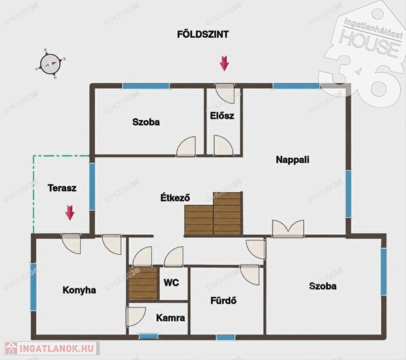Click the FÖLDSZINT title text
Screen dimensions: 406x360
pos(203,34)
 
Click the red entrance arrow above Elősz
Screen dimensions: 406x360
pos(224,63)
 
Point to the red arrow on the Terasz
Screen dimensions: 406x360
pos(70,212)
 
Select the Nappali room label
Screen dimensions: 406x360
pos(293,159)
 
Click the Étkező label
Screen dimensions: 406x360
pos(175,198)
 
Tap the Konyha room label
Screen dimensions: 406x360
pos(79,290)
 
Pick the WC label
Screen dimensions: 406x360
pos(171,282)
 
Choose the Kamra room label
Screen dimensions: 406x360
pos(171,318)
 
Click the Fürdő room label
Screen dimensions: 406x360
pos(224,301)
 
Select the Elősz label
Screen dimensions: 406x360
pos(222,116)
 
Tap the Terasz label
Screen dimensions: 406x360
pos(62,188)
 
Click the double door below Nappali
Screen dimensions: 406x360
pos(288,229)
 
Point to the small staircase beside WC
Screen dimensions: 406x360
pos(143,284)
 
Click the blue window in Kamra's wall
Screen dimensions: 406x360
pos(149,336)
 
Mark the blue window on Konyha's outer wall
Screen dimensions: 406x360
pos(33,287)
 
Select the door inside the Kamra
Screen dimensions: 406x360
pos(135,317)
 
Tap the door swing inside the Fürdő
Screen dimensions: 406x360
pos(250,275)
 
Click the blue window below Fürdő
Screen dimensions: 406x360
pos(226,337)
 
